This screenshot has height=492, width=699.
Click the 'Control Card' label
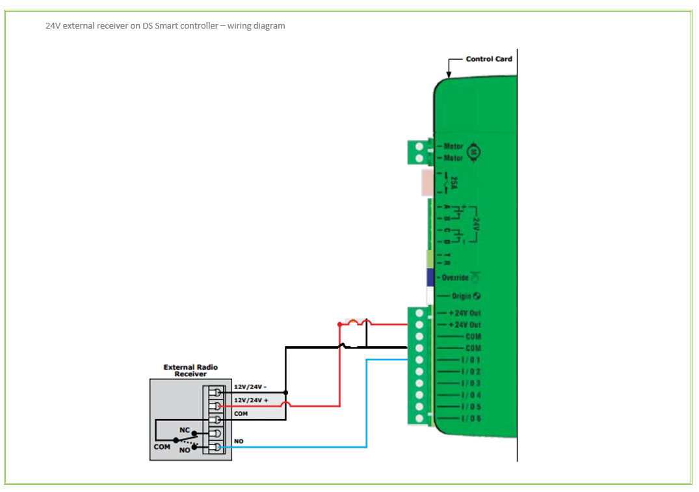click(489, 59)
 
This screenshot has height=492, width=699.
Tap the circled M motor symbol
click(474, 152)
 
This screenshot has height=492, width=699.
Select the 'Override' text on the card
click(455, 278)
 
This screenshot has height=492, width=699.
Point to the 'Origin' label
click(462, 296)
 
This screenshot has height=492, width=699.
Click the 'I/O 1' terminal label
click(471, 360)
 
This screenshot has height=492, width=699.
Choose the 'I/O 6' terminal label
click(471, 418)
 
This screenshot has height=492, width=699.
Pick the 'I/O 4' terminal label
click(471, 395)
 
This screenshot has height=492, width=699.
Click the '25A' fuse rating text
click(454, 183)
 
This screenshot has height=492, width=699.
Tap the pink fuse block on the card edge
click(427, 183)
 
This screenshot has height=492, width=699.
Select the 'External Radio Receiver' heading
click(191, 370)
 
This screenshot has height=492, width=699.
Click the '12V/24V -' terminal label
click(250, 387)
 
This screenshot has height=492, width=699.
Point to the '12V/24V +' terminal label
click(251, 400)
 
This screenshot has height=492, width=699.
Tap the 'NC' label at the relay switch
click(185, 430)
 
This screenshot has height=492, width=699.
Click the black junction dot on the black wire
click(286, 393)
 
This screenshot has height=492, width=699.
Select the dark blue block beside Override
click(430, 278)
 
